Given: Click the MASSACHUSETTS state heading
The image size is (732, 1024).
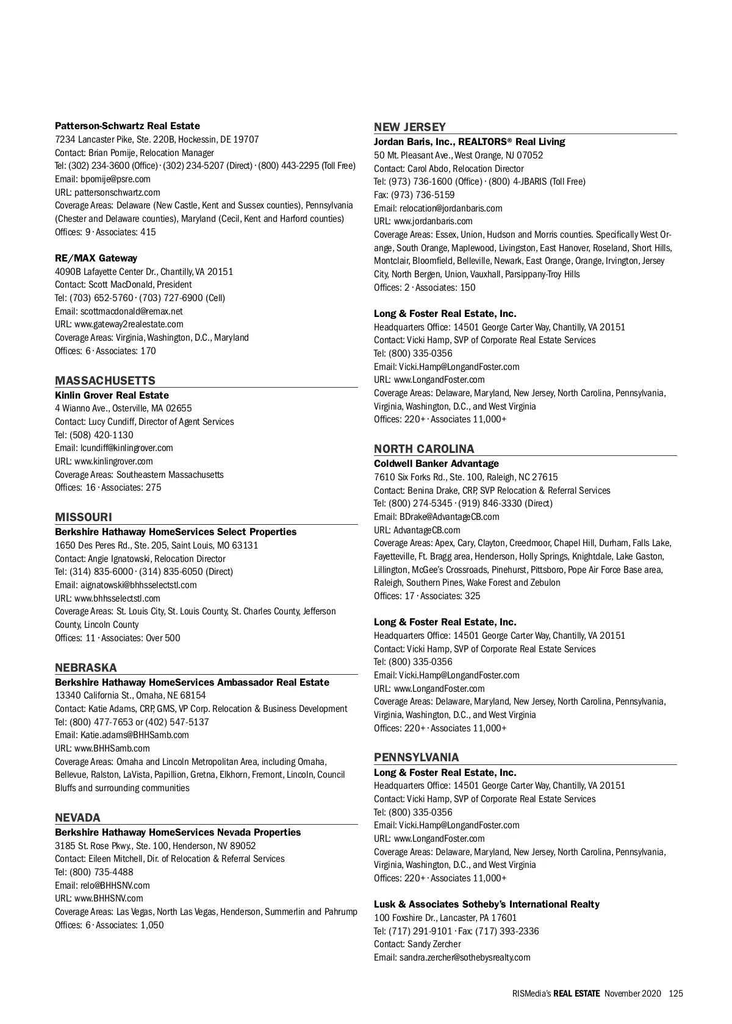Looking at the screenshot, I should (x=105, y=381).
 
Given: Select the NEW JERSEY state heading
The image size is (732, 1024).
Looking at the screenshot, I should (x=410, y=127).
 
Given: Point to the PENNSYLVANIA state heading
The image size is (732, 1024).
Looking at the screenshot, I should (x=417, y=758).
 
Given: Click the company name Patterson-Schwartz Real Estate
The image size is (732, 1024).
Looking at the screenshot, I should (x=127, y=126).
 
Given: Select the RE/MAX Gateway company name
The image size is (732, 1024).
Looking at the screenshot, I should (x=96, y=258).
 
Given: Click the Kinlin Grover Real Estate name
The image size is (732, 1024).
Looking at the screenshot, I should (x=112, y=396).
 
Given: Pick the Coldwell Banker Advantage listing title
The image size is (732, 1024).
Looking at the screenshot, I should (x=436, y=464).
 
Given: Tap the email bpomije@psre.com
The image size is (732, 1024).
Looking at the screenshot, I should (x=115, y=179).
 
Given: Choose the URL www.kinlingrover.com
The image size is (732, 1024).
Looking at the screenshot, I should (x=113, y=461).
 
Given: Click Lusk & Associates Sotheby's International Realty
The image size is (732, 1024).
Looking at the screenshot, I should (x=487, y=905).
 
